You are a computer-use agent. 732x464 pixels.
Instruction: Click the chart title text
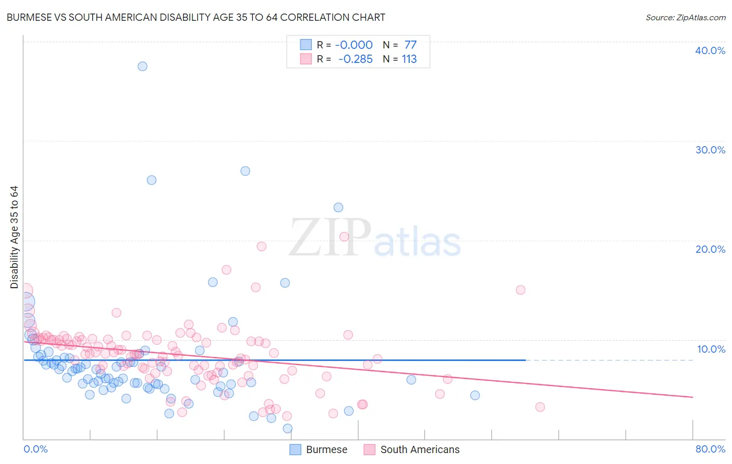[196, 17]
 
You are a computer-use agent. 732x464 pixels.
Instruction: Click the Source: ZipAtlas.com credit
[685, 17]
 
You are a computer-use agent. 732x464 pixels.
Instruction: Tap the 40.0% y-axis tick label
[710, 50]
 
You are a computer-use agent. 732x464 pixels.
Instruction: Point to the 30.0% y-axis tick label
[710, 150]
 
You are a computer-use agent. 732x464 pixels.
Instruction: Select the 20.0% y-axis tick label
[710, 249]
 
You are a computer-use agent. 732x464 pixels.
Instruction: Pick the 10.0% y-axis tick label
[710, 349]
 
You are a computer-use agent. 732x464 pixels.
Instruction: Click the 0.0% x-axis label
[35, 449]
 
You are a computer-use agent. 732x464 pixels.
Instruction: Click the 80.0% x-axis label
[710, 449]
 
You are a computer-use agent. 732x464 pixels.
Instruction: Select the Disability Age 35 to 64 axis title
[14, 237]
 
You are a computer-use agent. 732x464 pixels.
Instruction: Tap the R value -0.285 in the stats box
[356, 59]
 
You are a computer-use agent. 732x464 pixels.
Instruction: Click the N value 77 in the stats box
[410, 45]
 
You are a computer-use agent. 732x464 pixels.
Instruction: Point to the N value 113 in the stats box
[409, 59]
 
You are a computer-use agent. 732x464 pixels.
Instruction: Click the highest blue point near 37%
[142, 66]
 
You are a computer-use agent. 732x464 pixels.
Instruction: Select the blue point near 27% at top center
[245, 171]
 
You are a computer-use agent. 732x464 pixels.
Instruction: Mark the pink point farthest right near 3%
[540, 407]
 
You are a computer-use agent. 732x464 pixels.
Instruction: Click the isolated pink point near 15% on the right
[521, 290]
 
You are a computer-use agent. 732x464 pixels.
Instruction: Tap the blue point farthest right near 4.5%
[475, 395]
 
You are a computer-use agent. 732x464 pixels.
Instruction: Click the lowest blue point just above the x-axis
[287, 429]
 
